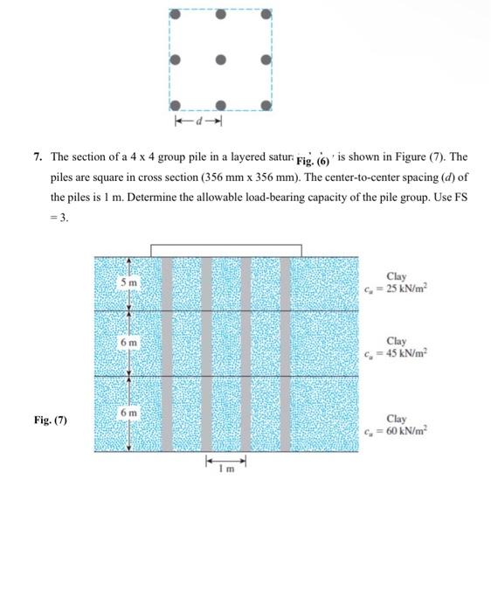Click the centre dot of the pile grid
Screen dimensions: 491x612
[x=222, y=59]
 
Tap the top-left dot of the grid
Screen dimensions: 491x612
[x=176, y=15]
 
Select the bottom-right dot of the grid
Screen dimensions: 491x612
[x=267, y=104]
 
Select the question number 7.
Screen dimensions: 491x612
[x=37, y=157]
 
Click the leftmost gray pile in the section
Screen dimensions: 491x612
[x=167, y=354]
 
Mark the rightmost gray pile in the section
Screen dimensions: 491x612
[x=285, y=354]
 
